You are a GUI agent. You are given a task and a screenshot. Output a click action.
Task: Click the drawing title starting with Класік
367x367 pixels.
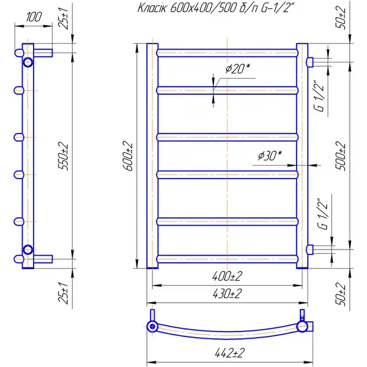tap(215, 9)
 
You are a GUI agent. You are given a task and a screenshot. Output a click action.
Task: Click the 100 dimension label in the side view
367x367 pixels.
tap(34, 17)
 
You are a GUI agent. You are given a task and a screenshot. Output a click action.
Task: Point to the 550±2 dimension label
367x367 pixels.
tap(64, 156)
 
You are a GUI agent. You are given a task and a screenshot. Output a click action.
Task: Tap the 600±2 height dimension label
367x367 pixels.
tap(128, 156)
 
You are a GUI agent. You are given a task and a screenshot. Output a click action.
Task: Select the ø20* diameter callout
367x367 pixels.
tap(237, 69)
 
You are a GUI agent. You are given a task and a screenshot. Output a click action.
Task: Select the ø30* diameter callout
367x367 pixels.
tap(270, 155)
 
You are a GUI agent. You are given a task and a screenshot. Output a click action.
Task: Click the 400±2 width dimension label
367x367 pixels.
tap(227, 276)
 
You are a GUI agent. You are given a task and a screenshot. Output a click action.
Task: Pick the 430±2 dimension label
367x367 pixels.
tap(227, 294)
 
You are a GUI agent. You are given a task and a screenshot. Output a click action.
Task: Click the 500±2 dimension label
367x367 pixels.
tap(341, 156)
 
